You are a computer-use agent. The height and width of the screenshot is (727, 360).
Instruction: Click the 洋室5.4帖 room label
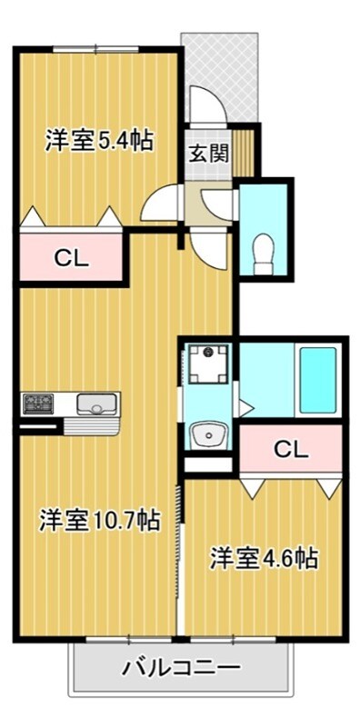pyautogui.click(x=98, y=141)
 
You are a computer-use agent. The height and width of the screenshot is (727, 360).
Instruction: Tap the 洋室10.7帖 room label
pyautogui.click(x=99, y=520)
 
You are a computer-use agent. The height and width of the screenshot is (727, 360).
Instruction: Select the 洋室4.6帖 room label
pyautogui.click(x=265, y=557)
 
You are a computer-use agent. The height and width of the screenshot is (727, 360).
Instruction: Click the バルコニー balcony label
pyautogui.click(x=182, y=668)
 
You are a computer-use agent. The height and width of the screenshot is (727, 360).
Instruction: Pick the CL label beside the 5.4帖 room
pyautogui.click(x=70, y=258)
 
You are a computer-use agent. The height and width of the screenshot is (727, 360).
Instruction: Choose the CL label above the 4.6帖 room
pyautogui.click(x=291, y=448)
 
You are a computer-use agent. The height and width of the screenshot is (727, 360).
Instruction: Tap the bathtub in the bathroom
pyautogui.click(x=318, y=379)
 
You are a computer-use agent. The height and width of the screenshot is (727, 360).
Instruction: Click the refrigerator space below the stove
pyautogui.click(x=38, y=426)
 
